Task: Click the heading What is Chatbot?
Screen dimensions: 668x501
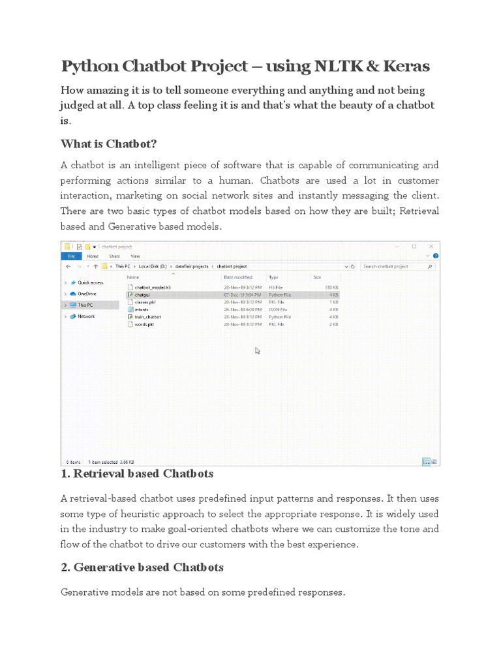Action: click(109, 144)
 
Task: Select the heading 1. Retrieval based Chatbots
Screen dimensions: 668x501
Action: click(137, 473)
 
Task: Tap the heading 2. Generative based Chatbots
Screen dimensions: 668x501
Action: click(142, 567)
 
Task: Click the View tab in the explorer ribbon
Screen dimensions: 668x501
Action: click(135, 256)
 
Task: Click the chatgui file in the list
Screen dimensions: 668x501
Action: click(142, 295)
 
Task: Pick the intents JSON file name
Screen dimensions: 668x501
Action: click(142, 309)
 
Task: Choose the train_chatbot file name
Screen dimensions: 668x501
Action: click(147, 316)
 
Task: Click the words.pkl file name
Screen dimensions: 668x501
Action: click(144, 324)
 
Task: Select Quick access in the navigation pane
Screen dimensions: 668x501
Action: click(90, 282)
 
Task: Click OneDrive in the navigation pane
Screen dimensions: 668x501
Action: click(87, 294)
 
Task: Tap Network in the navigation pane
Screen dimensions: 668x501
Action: click(86, 316)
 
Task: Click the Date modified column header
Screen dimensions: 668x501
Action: click(239, 277)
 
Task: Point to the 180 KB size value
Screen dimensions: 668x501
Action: click(331, 287)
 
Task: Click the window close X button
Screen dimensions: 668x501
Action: click(430, 247)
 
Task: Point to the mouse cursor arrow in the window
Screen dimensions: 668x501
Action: click(258, 350)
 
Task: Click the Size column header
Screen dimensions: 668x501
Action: click(317, 277)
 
